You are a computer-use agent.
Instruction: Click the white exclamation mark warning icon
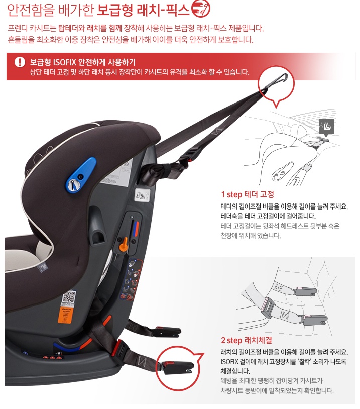[20, 62]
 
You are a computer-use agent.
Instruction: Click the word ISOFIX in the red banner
[65, 62]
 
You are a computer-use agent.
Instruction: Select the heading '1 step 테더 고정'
[248, 194]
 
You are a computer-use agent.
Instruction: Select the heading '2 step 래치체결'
[247, 340]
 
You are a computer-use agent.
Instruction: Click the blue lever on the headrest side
[80, 175]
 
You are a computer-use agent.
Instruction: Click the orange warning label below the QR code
[67, 315]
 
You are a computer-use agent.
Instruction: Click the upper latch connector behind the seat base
[166, 331]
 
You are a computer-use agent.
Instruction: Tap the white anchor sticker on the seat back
[142, 195]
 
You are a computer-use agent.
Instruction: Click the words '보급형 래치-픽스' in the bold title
[143, 10]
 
